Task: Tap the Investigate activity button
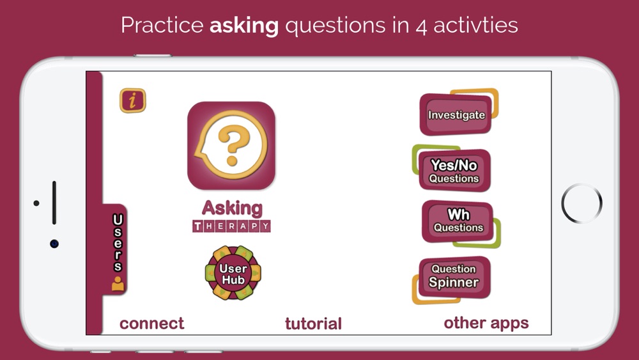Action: point(456,114)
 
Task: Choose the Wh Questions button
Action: point(458,221)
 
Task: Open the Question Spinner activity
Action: point(454,278)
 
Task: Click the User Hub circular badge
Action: point(233,273)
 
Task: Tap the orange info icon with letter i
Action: point(133,100)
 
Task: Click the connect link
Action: point(151,324)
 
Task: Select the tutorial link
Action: point(313,324)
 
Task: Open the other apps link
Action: point(486,323)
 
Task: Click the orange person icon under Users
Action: point(118,284)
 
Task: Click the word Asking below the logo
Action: point(232,208)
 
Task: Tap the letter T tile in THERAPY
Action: point(197,226)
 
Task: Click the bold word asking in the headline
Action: point(244,26)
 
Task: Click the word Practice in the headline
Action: point(162,26)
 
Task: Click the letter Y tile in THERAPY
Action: point(265,226)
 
